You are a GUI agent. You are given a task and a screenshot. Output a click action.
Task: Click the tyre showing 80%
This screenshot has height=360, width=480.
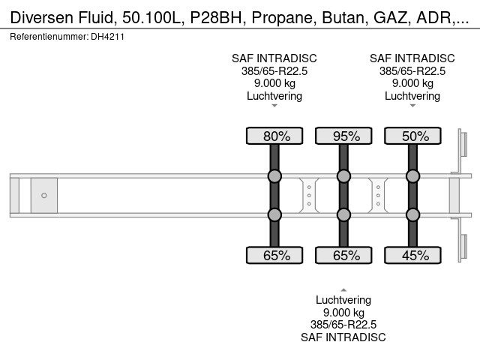click(274, 136)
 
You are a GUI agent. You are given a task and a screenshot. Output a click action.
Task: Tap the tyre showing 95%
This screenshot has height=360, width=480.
click(343, 136)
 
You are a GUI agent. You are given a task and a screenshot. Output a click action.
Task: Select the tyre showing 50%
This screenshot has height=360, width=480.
click(412, 136)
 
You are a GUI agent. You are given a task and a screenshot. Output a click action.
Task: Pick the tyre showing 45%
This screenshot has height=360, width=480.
click(412, 256)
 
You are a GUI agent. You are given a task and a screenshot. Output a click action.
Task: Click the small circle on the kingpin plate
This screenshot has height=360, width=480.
click(44, 196)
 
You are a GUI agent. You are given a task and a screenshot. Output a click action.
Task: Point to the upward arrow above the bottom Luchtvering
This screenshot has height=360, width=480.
click(343, 289)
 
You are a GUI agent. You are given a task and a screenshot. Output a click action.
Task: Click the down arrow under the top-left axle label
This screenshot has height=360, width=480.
click(274, 106)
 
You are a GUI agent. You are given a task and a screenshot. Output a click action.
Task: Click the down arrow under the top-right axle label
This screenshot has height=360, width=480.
click(412, 106)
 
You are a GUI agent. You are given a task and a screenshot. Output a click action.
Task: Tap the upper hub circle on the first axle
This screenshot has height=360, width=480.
click(274, 176)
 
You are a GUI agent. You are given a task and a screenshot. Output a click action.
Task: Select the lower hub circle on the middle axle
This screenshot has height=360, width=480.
click(343, 215)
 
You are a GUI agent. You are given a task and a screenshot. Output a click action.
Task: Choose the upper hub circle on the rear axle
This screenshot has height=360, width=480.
click(412, 176)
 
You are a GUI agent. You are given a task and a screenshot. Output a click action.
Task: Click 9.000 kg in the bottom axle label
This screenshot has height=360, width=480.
click(343, 313)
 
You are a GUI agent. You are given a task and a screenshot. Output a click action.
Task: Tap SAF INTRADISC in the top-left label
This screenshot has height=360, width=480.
click(274, 58)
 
